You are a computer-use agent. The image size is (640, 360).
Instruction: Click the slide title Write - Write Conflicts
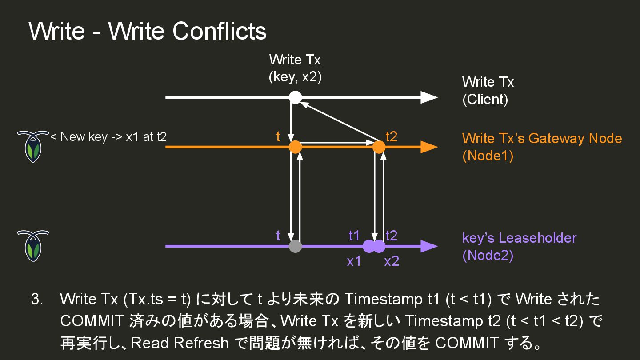tap(148, 31)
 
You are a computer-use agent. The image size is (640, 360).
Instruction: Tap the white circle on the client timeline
tap(295, 97)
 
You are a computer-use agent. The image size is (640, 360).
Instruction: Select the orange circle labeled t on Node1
tap(295, 147)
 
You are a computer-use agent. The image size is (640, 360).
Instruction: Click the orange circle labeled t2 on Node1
tap(379, 147)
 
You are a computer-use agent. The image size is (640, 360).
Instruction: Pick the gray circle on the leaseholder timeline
tap(295, 246)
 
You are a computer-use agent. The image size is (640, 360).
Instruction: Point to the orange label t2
tap(391, 136)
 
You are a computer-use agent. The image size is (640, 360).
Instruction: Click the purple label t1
tap(354, 236)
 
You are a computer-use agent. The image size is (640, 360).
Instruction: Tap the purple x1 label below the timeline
tap(354, 261)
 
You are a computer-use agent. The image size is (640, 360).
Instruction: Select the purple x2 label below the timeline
tap(392, 261)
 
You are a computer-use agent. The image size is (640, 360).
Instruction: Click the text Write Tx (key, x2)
tap(295, 68)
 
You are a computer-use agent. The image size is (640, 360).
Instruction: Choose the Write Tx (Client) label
tap(488, 90)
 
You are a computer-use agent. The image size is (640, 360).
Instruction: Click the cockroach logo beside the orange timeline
tap(32, 146)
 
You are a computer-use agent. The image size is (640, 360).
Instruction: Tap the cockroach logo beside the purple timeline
tap(32, 246)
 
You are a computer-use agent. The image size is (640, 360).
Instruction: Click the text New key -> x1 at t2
tap(108, 136)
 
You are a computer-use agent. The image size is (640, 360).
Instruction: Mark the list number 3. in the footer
tap(37, 299)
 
